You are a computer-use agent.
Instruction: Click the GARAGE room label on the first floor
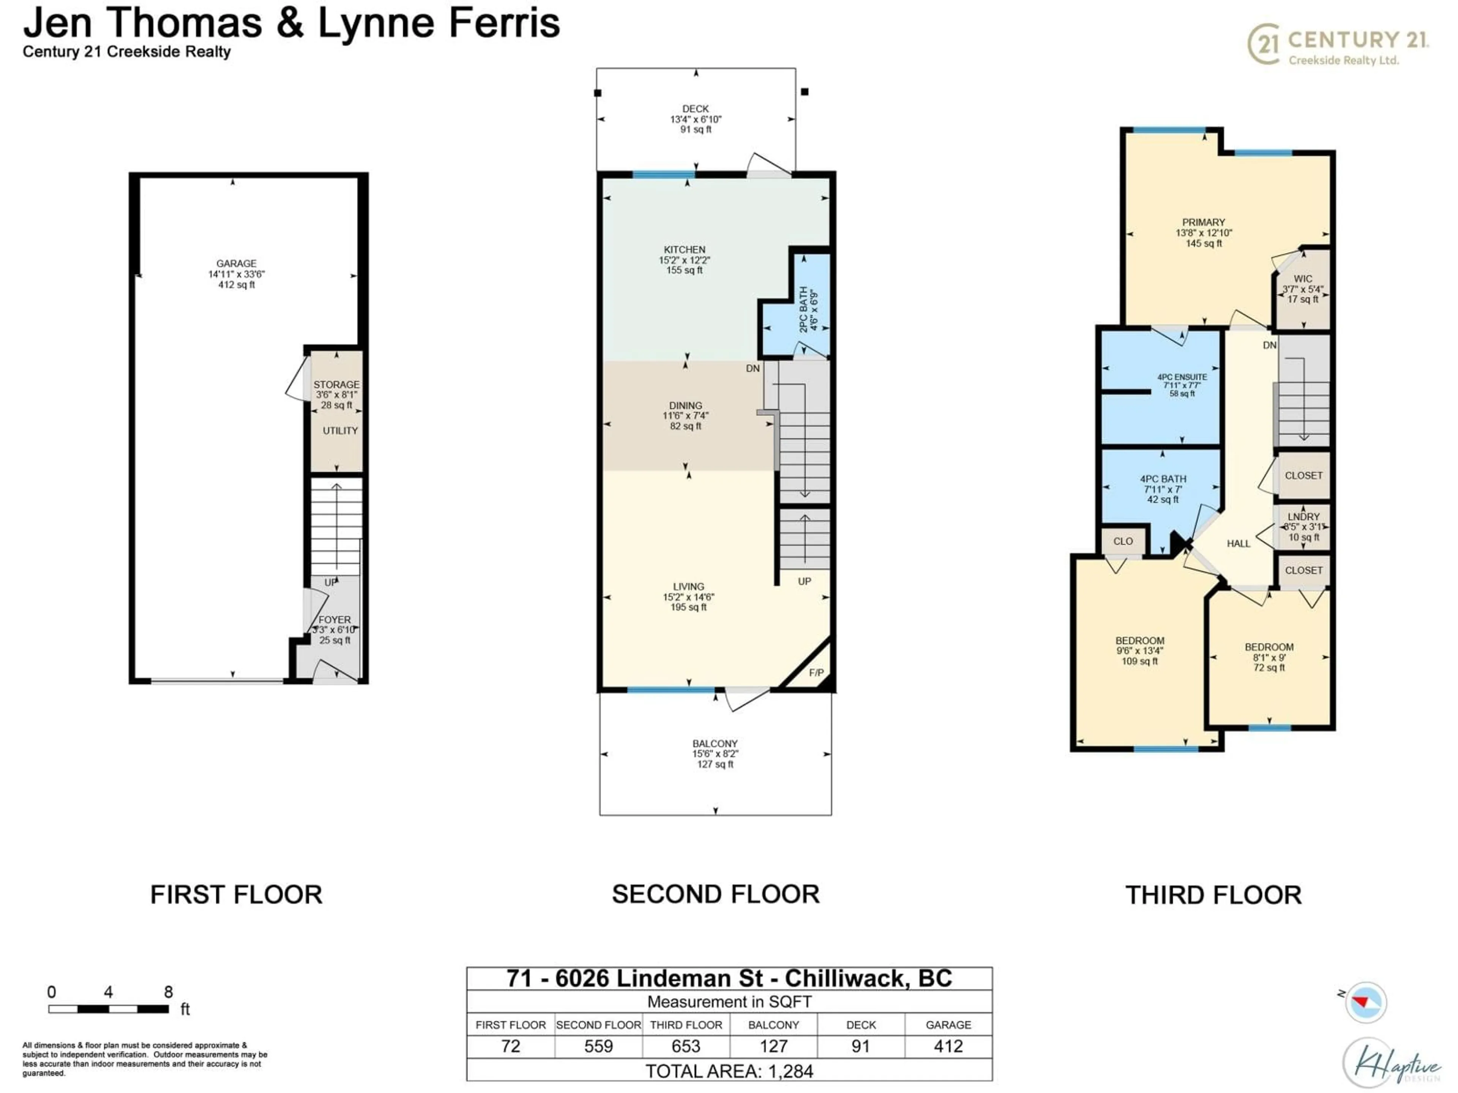(236, 263)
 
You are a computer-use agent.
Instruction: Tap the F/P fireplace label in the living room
(816, 672)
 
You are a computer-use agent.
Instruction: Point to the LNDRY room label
(1303, 517)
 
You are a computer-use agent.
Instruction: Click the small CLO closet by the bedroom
(1122, 542)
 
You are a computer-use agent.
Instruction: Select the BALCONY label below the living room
(715, 743)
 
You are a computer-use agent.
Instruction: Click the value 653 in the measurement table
(685, 1046)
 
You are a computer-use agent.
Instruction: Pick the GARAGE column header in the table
(948, 1025)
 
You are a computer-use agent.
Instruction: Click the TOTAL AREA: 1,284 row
(729, 1071)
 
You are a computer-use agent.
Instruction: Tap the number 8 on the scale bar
(168, 992)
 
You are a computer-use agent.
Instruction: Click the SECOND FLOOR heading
(715, 894)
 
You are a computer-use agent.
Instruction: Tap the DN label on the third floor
(1270, 345)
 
